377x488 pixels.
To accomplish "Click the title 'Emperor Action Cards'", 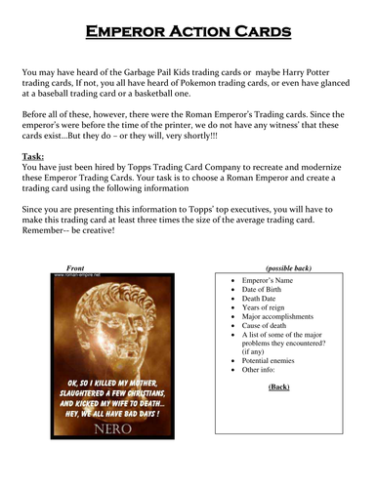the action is click(188, 31).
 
